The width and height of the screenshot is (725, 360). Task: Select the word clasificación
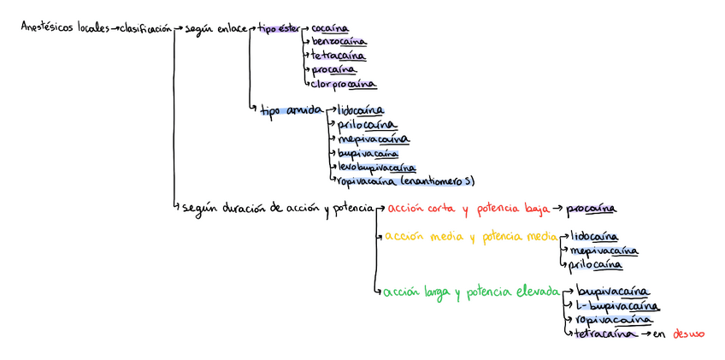coord(145,28)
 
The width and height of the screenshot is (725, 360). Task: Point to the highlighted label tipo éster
coord(279,29)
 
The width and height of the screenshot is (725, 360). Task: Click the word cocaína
coord(330,29)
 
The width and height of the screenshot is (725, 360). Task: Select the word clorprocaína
coord(343,84)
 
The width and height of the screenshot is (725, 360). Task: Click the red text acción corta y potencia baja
coord(466,208)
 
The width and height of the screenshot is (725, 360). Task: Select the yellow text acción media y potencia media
coord(469,237)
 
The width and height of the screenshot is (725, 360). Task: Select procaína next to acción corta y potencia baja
coord(592,208)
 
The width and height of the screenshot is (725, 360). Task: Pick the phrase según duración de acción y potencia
coord(279,208)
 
